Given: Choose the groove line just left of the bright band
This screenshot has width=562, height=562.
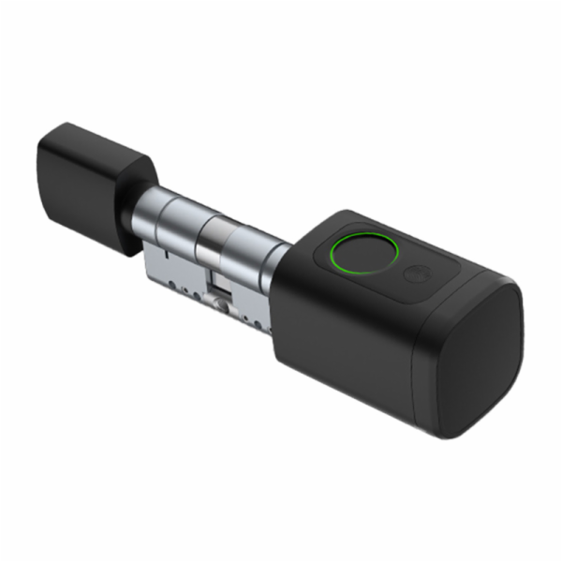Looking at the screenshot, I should pyautogui.click(x=201, y=229).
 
